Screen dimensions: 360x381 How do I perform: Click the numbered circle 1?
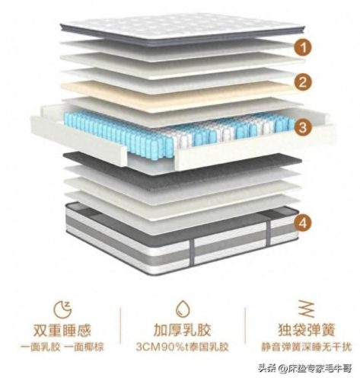click(x=303, y=47)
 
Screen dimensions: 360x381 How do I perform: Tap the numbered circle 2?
click(x=303, y=82)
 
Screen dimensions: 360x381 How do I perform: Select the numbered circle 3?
click(x=303, y=127)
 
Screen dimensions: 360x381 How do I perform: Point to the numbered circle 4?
click(x=303, y=223)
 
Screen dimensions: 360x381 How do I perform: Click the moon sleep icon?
click(x=63, y=309)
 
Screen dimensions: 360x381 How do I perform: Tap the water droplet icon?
click(x=183, y=309)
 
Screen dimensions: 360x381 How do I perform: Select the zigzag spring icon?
click(x=307, y=309)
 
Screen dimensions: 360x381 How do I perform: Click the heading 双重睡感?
click(x=62, y=331)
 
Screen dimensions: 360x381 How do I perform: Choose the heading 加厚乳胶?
click(x=183, y=331)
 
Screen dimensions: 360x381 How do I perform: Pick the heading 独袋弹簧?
click(x=307, y=330)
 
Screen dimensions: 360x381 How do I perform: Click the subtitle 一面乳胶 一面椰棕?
click(x=62, y=347)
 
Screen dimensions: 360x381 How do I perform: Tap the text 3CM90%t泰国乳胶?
click(x=183, y=347)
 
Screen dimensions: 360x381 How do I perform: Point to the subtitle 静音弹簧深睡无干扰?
click(x=307, y=347)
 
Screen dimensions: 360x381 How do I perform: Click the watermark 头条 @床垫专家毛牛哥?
click(x=305, y=368)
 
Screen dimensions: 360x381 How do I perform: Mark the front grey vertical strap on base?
click(x=192, y=252)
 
